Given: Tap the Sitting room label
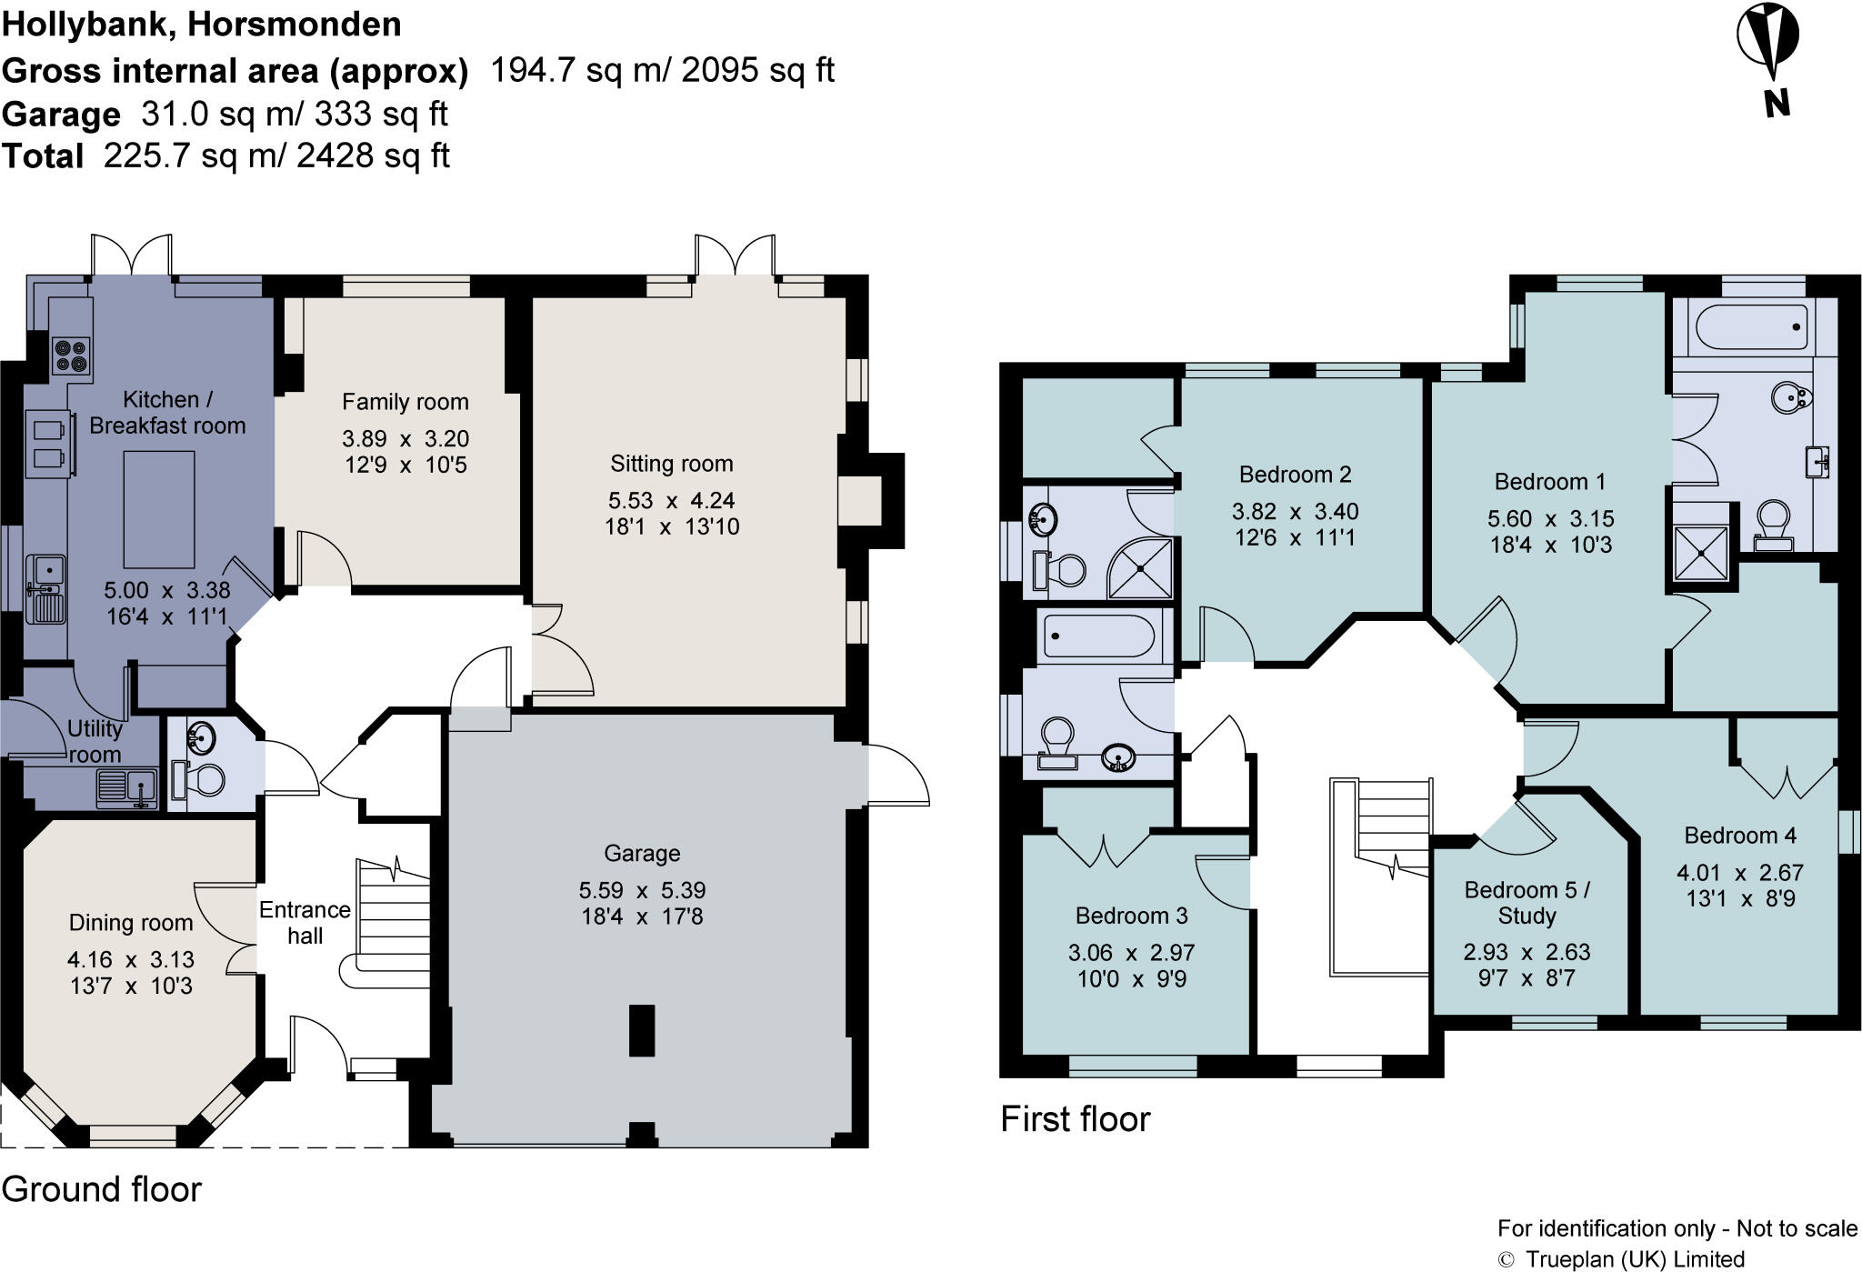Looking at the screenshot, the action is [x=672, y=464].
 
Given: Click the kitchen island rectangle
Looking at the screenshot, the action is [x=158, y=510].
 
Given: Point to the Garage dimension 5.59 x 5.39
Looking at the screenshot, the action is [x=642, y=890].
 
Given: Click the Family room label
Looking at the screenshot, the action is [x=405, y=402].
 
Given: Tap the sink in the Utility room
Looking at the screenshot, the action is [x=127, y=787].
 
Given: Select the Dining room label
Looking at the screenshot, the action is [x=131, y=923].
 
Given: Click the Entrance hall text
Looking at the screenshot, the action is [x=305, y=923].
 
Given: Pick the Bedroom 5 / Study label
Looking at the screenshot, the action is [x=1527, y=902].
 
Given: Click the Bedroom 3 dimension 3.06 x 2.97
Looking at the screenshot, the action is [x=1131, y=953].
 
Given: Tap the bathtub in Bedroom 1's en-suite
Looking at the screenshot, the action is [x=1747, y=326].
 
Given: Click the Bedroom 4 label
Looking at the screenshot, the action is [x=1740, y=836].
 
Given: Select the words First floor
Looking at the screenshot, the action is [x=1076, y=1119].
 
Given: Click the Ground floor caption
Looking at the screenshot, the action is [x=102, y=1189].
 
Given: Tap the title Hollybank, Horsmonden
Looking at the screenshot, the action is [x=202, y=25].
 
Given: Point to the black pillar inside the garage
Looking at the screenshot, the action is [x=642, y=1030].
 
